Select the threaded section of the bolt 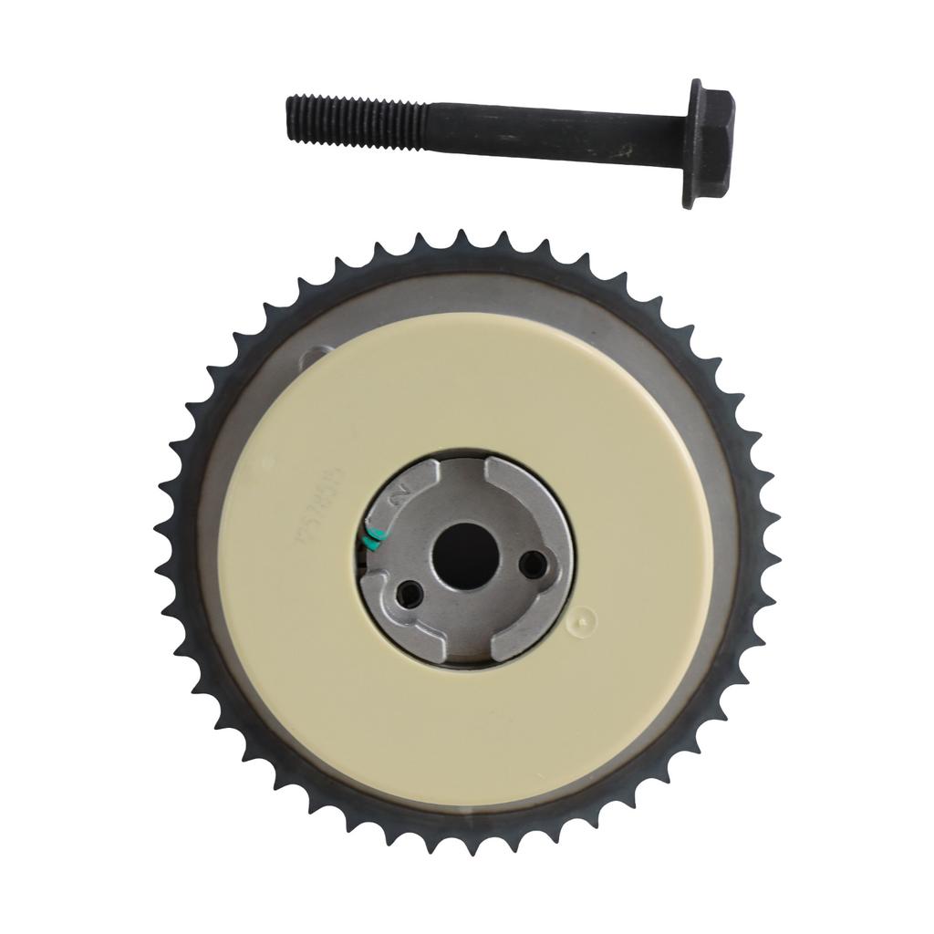[355, 119]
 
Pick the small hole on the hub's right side [532, 566]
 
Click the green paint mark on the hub [373, 539]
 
